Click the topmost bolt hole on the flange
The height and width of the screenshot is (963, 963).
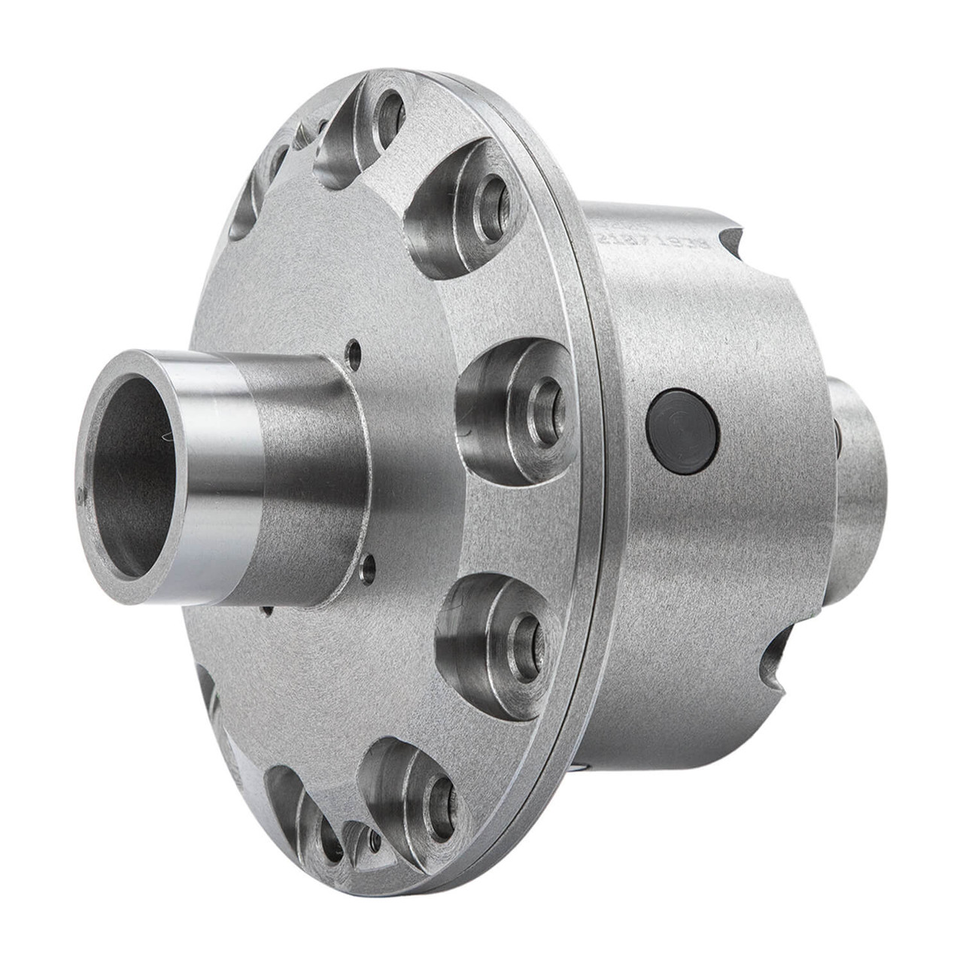point(387,109)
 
